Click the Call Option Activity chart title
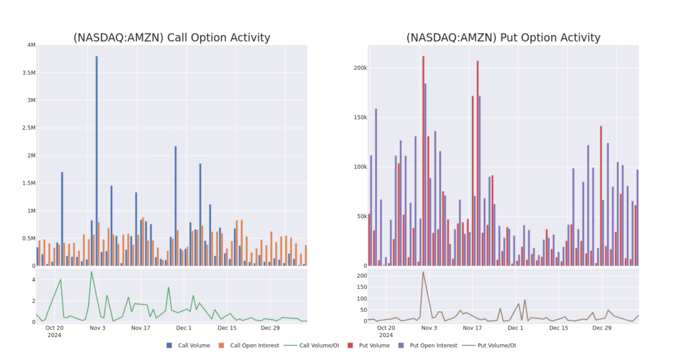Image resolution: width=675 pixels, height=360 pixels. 171,38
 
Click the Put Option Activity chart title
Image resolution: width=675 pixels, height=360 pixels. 504,38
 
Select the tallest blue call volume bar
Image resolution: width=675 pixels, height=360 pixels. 96,158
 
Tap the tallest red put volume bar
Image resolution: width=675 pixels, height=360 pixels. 423,158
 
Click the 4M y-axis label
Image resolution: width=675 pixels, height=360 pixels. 31,45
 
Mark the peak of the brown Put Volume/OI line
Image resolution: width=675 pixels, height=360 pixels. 423,272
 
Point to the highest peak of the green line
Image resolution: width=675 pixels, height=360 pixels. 91,272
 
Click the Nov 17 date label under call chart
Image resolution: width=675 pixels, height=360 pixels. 140,328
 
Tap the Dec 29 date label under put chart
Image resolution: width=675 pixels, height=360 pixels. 602,328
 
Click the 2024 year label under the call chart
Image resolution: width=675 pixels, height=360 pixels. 54,335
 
